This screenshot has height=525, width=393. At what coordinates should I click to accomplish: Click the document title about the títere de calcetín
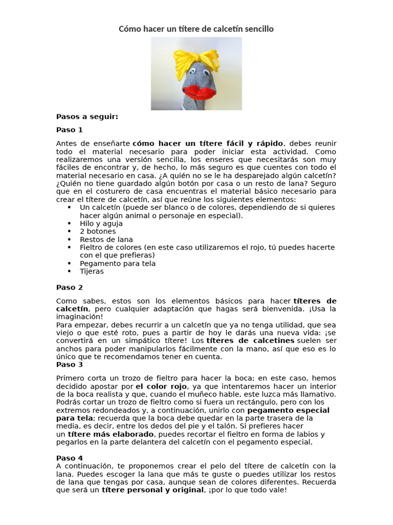tap(196, 29)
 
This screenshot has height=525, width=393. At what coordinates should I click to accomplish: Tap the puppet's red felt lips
tap(196, 92)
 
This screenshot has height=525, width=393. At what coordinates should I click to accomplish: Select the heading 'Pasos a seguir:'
tap(87, 116)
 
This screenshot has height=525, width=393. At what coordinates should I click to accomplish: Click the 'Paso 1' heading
tap(69, 130)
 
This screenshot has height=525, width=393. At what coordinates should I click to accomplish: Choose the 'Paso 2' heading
tap(69, 287)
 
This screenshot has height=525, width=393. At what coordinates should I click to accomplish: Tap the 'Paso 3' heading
tap(69, 365)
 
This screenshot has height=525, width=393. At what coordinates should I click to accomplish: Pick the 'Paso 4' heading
tap(69, 458)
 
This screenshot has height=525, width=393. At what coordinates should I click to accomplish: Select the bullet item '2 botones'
tap(97, 231)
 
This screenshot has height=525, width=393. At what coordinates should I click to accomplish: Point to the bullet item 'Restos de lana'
tap(106, 239)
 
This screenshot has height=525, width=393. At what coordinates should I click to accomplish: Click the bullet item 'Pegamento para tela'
tap(118, 264)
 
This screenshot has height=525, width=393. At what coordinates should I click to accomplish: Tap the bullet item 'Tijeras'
tap(92, 271)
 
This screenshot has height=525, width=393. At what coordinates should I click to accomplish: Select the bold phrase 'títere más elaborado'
tap(107, 434)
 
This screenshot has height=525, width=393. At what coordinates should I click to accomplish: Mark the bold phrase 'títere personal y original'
tap(153, 490)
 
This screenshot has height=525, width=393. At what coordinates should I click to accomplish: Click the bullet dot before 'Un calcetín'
tap(69, 208)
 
